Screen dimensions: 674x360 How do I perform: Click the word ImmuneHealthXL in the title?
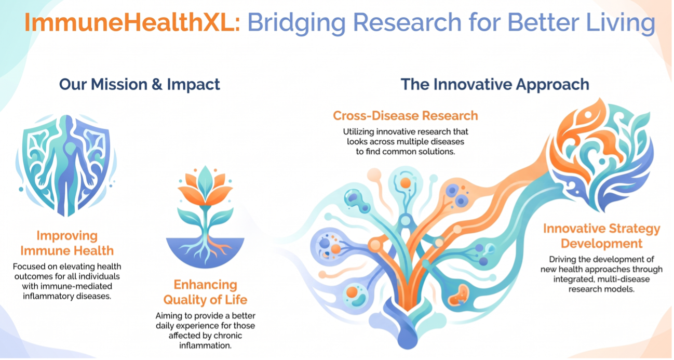pyautogui.click(x=132, y=22)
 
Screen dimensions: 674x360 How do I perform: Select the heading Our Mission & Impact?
pyautogui.click(x=139, y=84)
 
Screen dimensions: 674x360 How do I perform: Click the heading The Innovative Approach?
pyautogui.click(x=495, y=84)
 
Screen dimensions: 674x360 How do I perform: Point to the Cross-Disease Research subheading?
pyautogui.click(x=406, y=116)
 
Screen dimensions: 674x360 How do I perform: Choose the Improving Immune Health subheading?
pyautogui.click(x=67, y=243)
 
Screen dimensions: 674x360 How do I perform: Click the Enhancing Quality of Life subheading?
pyautogui.click(x=205, y=292)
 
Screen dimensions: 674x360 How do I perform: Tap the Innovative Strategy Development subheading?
pyautogui.click(x=601, y=236)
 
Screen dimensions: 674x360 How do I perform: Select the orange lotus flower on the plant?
pyautogui.click(x=205, y=186)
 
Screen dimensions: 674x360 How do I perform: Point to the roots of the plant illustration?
pyautogui.click(x=205, y=249)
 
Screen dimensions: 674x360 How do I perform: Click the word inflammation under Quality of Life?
pyautogui.click(x=205, y=345)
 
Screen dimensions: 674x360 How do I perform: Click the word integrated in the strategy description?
pyautogui.click(x=574, y=279)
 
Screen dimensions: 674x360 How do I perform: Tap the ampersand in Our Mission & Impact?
pyautogui.click(x=157, y=85)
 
